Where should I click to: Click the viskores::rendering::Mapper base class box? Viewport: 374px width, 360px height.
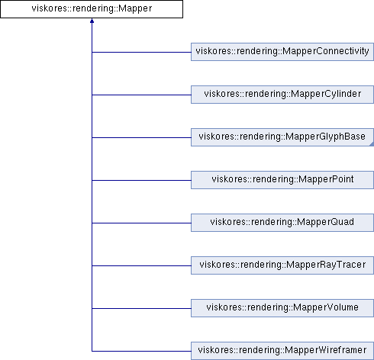(92, 9)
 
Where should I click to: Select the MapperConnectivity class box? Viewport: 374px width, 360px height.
(282, 52)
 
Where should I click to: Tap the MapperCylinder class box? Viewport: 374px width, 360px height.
(282, 95)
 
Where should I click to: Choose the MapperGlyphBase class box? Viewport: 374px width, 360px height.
(282, 137)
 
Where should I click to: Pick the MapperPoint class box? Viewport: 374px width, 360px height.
(282, 180)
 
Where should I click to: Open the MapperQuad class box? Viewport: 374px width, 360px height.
(282, 223)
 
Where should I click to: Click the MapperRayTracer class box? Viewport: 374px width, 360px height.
(282, 265)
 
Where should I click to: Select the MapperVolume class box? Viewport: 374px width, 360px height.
(282, 308)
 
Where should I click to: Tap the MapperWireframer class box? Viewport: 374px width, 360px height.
(282, 351)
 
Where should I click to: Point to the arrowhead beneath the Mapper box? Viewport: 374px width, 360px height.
(92, 21)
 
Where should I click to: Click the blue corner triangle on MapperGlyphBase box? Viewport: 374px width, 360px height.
(372, 144)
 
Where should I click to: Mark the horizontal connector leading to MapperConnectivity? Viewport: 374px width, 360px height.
(141, 52)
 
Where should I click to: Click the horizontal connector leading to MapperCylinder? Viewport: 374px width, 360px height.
(141, 95)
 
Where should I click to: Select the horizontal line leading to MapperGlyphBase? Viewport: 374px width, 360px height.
(141, 137)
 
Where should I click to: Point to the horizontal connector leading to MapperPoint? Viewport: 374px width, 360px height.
(141, 180)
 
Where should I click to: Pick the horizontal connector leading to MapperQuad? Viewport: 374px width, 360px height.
(141, 223)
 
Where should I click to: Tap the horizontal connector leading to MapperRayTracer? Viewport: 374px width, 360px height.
(141, 265)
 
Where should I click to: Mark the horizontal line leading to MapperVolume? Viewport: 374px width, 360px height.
(141, 308)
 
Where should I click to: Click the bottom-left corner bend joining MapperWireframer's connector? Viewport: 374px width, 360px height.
(92, 351)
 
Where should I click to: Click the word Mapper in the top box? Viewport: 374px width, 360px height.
(135, 9)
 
